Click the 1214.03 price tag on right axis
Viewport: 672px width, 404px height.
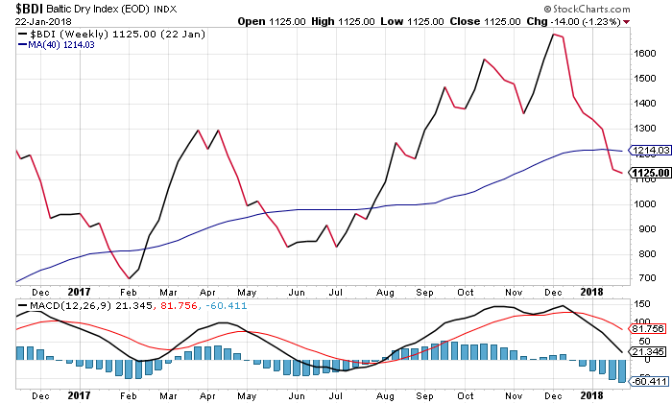coord(643,150)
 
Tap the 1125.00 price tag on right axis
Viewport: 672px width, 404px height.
coord(643,173)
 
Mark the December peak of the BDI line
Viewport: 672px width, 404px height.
coord(554,35)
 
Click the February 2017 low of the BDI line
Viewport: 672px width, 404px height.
coord(130,278)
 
